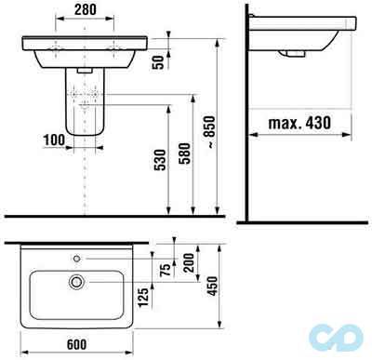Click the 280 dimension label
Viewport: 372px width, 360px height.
pyautogui.click(x=86, y=9)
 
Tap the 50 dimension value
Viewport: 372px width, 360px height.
pyautogui.click(x=158, y=62)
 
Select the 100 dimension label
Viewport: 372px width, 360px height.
pyautogui.click(x=54, y=140)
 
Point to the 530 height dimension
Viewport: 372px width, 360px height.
pyautogui.click(x=160, y=160)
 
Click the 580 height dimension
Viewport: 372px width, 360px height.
pyautogui.click(x=184, y=153)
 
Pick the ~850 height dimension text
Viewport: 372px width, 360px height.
pyautogui.click(x=210, y=131)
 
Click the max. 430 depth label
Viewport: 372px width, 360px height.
pyautogui.click(x=299, y=123)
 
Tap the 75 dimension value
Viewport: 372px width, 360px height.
pyautogui.click(x=166, y=270)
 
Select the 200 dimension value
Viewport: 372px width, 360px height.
pyautogui.click(x=189, y=262)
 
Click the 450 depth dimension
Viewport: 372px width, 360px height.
pyautogui.click(x=213, y=286)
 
